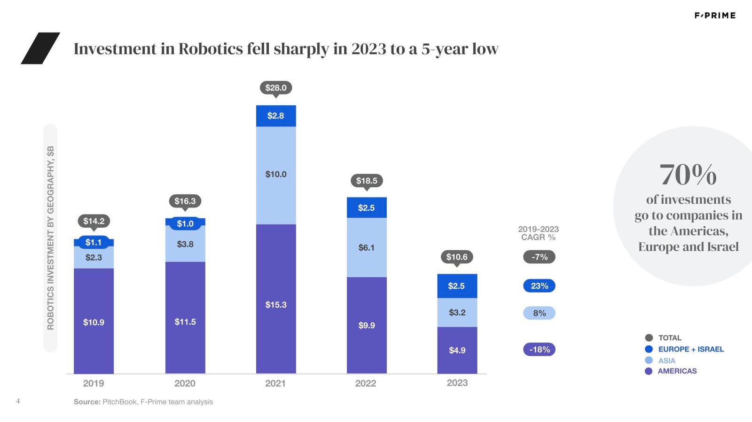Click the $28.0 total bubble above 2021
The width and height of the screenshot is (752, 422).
[x=276, y=88]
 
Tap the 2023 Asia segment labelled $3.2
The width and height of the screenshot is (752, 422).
[x=457, y=312]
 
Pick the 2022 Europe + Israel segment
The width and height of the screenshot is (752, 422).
[x=367, y=207]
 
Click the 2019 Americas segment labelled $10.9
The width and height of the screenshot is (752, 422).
[x=94, y=321]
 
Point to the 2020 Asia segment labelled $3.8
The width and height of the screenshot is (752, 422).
[x=185, y=244]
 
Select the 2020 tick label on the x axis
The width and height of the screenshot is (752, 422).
[x=185, y=383]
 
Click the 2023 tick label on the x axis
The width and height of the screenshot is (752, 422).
[x=457, y=383]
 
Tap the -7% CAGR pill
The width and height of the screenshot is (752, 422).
[x=539, y=257]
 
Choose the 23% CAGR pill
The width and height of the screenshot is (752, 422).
[x=539, y=286]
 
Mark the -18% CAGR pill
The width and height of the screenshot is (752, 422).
[x=539, y=350]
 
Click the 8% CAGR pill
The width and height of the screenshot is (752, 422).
[x=539, y=313]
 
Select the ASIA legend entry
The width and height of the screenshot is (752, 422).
[x=666, y=360]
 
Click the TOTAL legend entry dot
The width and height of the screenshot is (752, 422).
[x=649, y=338]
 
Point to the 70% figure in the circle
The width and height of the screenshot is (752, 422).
[x=688, y=175]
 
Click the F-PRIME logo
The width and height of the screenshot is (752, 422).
[x=715, y=16]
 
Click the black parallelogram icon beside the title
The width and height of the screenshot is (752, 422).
[x=40, y=48]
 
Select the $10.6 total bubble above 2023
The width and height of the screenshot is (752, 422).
[x=457, y=257]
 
